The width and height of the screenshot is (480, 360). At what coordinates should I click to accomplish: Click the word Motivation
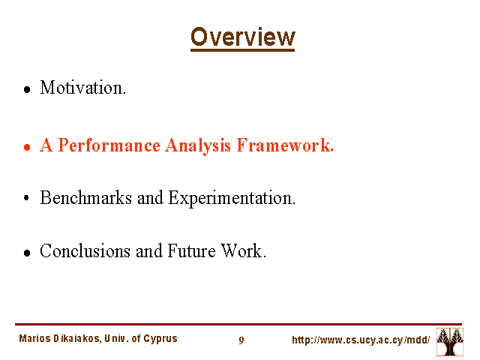pos(83,88)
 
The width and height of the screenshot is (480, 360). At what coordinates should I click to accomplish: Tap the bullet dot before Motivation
pos(27,89)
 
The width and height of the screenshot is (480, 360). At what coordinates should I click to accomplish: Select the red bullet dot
pos(27,147)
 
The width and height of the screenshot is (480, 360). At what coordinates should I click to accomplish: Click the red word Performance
pos(109,145)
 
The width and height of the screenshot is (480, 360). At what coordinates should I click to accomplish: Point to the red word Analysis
pos(198,145)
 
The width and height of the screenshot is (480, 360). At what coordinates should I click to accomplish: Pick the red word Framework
pos(285,145)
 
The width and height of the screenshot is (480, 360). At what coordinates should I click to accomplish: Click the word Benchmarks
pos(86,198)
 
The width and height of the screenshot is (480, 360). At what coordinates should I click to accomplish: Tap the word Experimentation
pos(232,198)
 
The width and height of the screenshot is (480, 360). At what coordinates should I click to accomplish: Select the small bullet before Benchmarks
pos(26,198)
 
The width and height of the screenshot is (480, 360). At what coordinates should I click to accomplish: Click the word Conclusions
pos(85,251)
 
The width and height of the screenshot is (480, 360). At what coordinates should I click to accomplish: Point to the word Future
pos(192,251)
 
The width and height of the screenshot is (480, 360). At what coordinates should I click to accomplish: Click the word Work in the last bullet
pos(243,251)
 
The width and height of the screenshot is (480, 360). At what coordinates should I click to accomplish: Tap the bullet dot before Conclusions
pos(27,253)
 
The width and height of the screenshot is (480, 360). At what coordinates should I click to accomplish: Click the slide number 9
pos(241,340)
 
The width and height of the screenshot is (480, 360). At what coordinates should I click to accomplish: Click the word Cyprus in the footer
pos(160,339)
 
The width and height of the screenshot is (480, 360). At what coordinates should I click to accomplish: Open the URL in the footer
pos(361,340)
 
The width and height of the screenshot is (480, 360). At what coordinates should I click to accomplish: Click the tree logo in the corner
pos(450,342)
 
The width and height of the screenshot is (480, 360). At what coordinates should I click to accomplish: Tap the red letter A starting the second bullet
pos(46,145)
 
